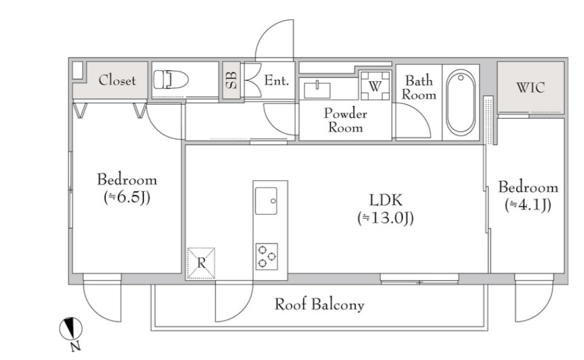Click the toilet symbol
pos(171,79)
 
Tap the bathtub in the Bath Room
pos(461,102)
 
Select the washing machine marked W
pos(375,86)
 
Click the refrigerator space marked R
pos(201,263)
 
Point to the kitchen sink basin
pos(266,201)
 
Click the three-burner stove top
pos(267,257)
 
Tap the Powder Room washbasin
pos(317,90)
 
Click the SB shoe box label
pos(231,80)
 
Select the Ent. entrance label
pos(277,80)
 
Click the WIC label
pos(530,88)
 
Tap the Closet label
pos(117,80)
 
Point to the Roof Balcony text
pos(319,304)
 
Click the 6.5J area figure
pos(126,197)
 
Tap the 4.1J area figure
pos(528,205)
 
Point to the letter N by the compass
pos(76,347)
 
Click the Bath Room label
pos(419,88)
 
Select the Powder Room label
pos(346,120)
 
